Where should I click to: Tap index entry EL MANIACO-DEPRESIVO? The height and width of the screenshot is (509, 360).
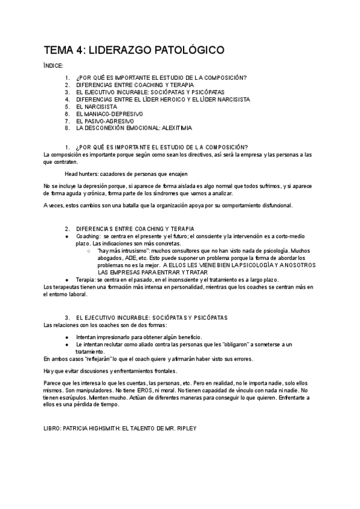point(109,113)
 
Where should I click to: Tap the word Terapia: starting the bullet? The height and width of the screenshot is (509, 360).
point(86,280)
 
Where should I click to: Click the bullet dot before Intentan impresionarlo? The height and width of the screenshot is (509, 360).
point(67,337)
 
